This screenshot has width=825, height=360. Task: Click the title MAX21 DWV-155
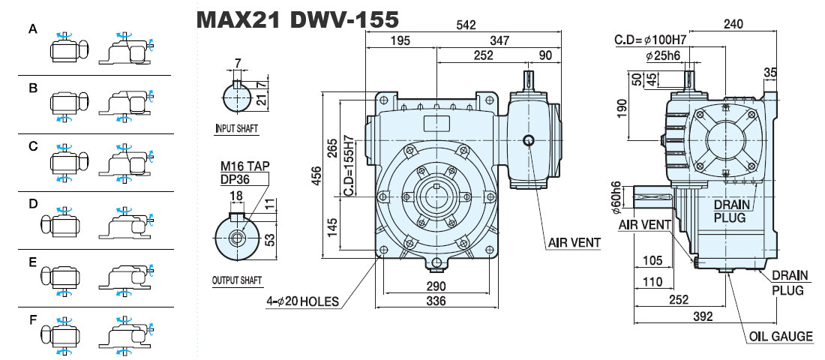point(297,20)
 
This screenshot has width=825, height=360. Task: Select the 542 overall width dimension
point(466,25)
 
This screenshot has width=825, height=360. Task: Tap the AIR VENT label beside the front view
point(574,243)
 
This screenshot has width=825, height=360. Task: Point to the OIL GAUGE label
point(781,336)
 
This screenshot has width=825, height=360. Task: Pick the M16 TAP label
point(244,166)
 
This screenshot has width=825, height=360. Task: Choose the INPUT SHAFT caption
point(237,128)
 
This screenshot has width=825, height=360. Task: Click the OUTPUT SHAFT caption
point(237,280)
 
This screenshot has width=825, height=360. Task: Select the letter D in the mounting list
point(33,204)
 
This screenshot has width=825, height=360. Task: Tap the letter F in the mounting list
point(33,319)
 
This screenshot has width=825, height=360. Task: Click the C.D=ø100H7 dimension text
point(652,40)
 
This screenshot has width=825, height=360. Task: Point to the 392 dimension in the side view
point(703,316)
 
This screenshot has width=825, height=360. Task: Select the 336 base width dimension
point(436,301)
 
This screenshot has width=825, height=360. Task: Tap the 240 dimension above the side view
point(733,24)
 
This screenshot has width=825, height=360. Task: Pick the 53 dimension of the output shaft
point(269,239)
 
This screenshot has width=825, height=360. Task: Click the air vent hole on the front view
point(529,140)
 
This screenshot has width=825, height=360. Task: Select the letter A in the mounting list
point(33,31)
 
